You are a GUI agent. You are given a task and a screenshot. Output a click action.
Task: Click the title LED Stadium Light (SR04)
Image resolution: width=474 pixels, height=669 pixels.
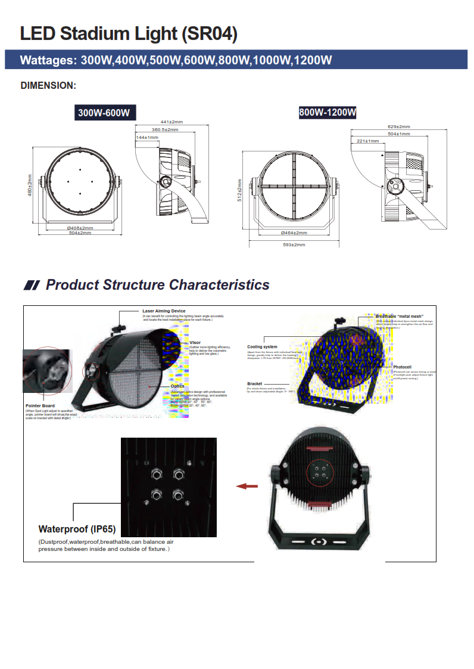(x=129, y=33)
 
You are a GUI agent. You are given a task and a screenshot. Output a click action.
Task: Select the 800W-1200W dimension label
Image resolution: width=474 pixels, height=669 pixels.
(x=328, y=112)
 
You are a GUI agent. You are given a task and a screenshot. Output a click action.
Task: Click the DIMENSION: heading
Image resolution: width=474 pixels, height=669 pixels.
(x=48, y=85)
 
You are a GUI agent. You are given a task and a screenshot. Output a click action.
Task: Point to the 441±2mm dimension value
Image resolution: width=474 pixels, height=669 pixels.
(x=171, y=122)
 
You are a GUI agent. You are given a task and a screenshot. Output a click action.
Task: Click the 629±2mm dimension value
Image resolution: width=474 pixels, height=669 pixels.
(x=398, y=126)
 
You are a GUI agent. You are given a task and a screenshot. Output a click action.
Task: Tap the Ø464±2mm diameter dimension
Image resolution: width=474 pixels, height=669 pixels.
(x=294, y=233)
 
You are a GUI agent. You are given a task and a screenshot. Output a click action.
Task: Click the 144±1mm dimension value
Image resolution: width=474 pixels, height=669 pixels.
(x=147, y=137)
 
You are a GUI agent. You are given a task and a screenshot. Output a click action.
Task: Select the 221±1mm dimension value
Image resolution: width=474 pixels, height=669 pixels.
(x=367, y=141)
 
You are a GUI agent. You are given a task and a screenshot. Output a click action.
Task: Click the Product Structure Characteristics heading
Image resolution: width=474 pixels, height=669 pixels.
(x=157, y=285)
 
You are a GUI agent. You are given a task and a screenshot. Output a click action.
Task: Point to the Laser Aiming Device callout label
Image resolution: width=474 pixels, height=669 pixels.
(x=164, y=311)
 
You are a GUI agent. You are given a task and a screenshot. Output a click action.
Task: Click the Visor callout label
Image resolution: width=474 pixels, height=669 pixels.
(x=195, y=342)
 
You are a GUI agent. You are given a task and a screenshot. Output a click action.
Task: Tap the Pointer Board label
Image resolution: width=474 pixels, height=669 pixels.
(x=40, y=405)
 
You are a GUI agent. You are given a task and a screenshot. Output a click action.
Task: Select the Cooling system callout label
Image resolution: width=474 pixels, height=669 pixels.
(x=262, y=346)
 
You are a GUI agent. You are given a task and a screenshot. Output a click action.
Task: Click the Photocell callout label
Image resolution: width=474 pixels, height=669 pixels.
(x=402, y=367)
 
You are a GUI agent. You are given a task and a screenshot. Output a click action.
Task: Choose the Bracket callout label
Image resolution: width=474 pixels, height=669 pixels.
(x=255, y=383)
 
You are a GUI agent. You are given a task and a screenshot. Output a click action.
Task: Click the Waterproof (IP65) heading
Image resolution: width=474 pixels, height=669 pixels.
(x=77, y=529)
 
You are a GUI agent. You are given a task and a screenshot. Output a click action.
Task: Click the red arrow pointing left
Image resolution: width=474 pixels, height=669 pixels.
(x=247, y=487)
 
